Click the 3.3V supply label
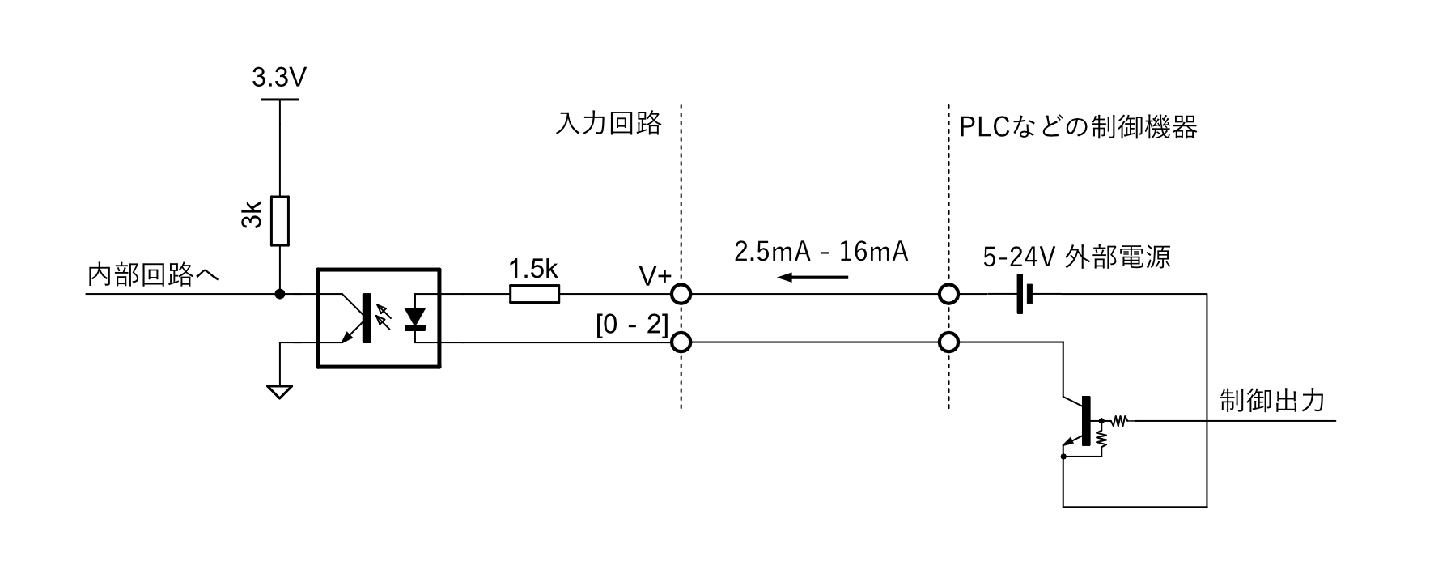(279, 79)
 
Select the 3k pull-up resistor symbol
(279, 220)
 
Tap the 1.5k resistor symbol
(534, 294)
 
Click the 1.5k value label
(533, 269)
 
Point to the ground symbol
(279, 392)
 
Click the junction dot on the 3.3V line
(279, 293)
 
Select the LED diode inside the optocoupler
(415, 318)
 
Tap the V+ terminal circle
(681, 294)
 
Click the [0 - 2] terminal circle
(681, 342)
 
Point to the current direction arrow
(813, 278)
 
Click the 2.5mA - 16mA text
(821, 252)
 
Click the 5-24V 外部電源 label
(1076, 257)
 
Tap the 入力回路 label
(609, 124)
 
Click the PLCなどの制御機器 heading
(1077, 127)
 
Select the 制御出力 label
(1271, 400)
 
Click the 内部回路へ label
(153, 275)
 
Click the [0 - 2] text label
(632, 325)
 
